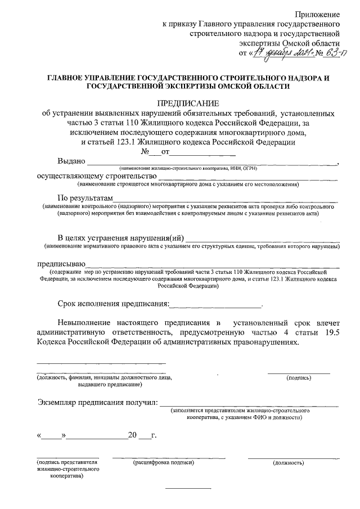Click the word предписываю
click(x=61, y=263)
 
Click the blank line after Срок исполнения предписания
click(x=216, y=305)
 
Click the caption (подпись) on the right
click(x=299, y=378)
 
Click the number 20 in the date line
click(x=132, y=435)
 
